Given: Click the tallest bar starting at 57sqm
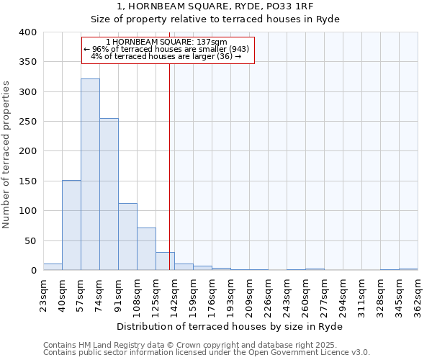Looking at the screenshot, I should [x=90, y=174].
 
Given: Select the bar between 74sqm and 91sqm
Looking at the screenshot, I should [x=109, y=194].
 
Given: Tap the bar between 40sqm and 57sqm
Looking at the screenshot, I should [x=71, y=225].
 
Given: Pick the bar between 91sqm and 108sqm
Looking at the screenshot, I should [x=127, y=237].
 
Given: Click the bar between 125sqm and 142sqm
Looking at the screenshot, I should [x=165, y=261].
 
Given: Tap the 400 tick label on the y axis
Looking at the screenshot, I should [x=27, y=32].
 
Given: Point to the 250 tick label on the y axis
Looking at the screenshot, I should [x=27, y=122].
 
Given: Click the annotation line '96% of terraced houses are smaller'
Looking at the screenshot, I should [x=168, y=49].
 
